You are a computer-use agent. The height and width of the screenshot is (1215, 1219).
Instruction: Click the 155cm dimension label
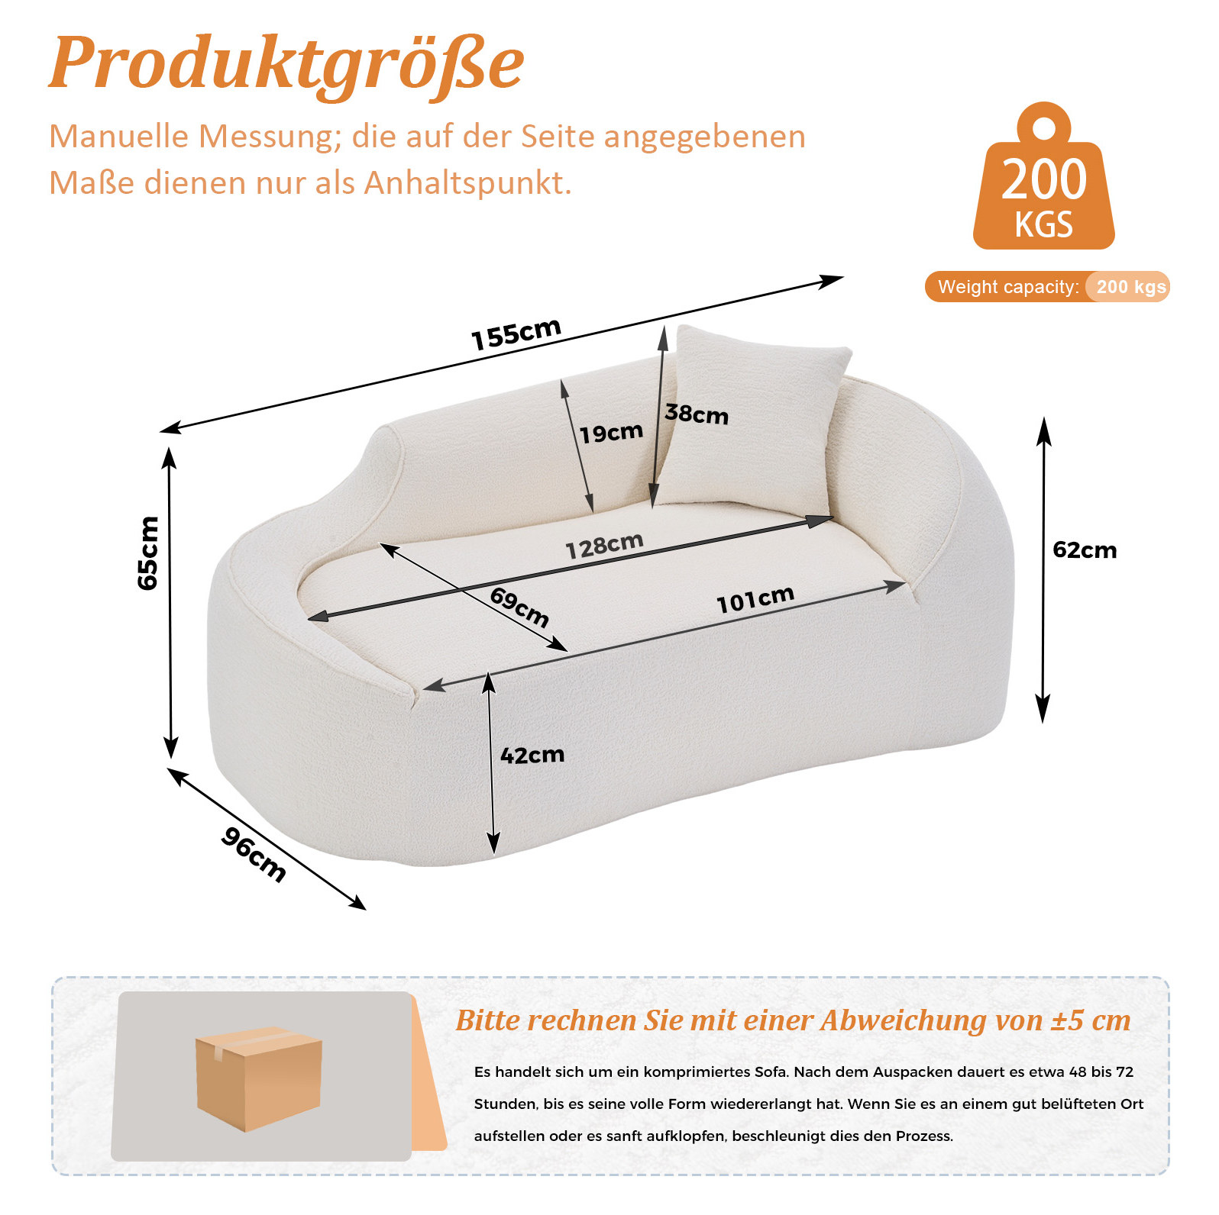(x=516, y=334)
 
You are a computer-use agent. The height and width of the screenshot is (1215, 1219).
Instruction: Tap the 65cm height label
(x=148, y=553)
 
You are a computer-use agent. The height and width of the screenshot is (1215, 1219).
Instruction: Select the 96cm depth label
(x=254, y=855)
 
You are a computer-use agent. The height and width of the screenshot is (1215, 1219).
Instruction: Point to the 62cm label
(x=1085, y=550)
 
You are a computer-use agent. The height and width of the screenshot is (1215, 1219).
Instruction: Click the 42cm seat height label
(x=532, y=756)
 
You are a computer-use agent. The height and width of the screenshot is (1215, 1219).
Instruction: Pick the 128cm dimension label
(x=604, y=545)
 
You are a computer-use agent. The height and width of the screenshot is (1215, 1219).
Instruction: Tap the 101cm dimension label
(x=755, y=599)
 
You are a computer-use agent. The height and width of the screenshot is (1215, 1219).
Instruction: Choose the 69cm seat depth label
(x=519, y=607)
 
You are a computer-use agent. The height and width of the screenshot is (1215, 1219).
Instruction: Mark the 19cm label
(x=611, y=433)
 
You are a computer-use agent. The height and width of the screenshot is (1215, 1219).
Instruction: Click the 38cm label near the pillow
(x=697, y=414)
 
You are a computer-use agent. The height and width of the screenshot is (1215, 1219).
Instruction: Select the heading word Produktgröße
(x=286, y=64)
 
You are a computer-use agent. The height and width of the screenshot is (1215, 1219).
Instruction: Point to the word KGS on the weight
(x=1044, y=224)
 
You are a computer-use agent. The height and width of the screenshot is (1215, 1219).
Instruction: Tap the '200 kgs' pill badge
(x=1128, y=287)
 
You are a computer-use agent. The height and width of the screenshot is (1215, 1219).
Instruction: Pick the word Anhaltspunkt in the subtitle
(x=467, y=183)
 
